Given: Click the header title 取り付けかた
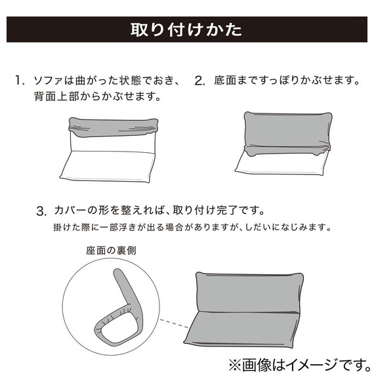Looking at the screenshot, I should tap(186, 31).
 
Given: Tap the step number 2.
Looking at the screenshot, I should tap(199, 81).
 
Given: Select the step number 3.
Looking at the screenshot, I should tap(41, 212).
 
